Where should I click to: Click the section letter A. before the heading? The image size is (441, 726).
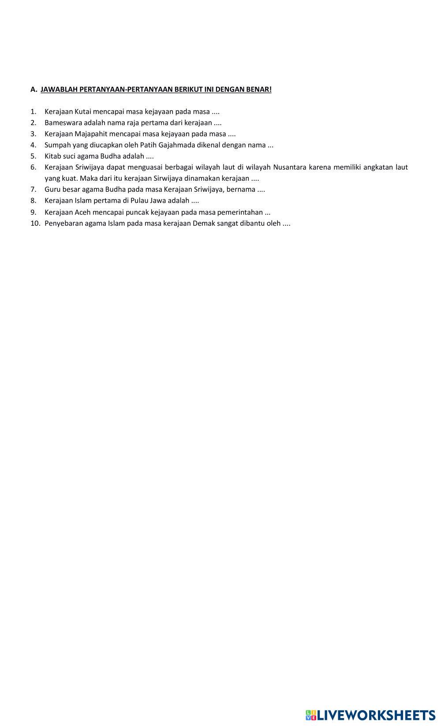click(34, 89)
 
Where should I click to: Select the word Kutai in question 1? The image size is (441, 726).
click(83, 112)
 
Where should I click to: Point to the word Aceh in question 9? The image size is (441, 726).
click(82, 212)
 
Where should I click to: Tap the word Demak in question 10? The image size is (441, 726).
click(204, 223)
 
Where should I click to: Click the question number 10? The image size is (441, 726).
click(35, 223)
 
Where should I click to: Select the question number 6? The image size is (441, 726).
click(34, 167)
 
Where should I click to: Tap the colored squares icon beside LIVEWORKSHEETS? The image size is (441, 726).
click(311, 715)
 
